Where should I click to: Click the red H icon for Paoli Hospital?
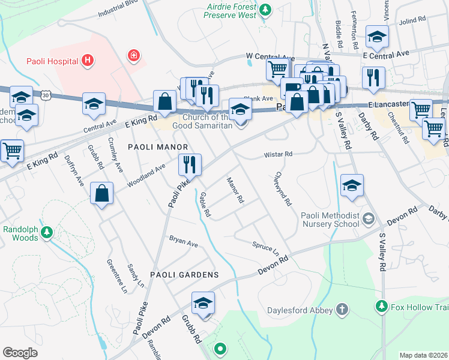[x=88, y=60]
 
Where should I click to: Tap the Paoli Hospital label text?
[x=53, y=60]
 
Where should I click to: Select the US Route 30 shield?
[x=46, y=95]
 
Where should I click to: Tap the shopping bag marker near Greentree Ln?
[x=102, y=193]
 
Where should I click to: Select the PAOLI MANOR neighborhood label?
[x=158, y=147]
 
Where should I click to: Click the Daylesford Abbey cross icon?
[x=342, y=310]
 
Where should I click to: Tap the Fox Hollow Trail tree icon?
[x=381, y=307]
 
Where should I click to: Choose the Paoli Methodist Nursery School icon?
[x=368, y=220]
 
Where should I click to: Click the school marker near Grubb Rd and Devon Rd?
[x=203, y=303]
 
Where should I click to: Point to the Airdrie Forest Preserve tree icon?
[x=264, y=10]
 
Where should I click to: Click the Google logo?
[x=20, y=353]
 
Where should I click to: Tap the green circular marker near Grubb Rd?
[x=220, y=348]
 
